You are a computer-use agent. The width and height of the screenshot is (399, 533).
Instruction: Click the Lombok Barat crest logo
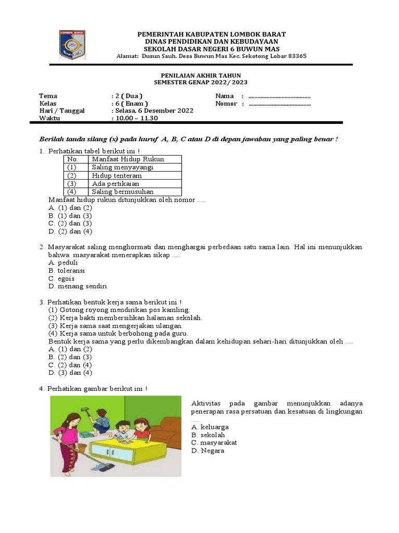coord(72,45)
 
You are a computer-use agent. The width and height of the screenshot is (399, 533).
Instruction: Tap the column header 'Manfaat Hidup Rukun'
coord(128,159)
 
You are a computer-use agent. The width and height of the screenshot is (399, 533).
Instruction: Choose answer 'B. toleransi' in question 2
coord(66,271)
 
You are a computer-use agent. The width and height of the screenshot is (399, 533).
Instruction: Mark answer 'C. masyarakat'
coord(214,442)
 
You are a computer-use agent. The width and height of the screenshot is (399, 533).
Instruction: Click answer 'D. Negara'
coord(208,451)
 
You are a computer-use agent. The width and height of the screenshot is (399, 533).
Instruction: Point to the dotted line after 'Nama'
coord(280,96)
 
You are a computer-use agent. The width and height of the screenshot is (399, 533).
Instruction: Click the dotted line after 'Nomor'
coord(280,104)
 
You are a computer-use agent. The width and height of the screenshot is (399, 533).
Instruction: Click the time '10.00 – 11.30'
coord(137,118)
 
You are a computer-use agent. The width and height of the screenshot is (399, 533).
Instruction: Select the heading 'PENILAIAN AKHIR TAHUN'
coord(201,75)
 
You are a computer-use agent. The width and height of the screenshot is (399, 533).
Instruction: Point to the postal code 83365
coord(296,56)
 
